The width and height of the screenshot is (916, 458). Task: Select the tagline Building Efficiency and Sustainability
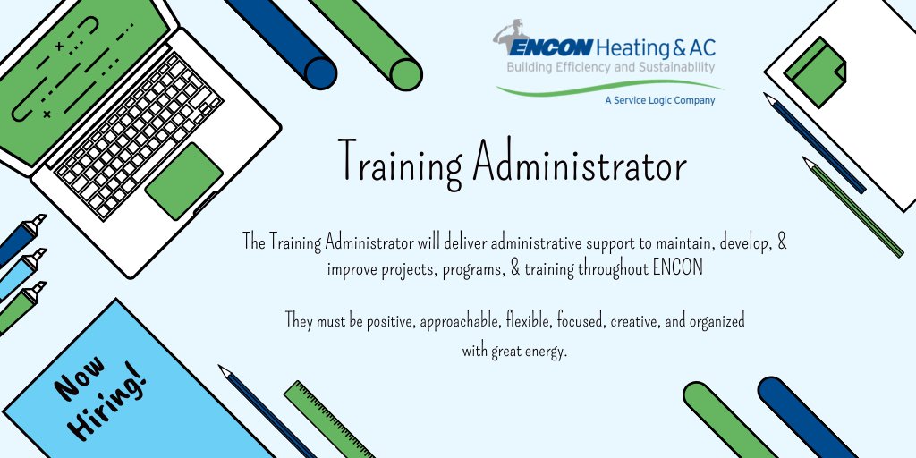(x=611, y=68)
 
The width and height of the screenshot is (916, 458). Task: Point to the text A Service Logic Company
(x=660, y=101)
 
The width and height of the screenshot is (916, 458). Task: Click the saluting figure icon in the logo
(x=512, y=36)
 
